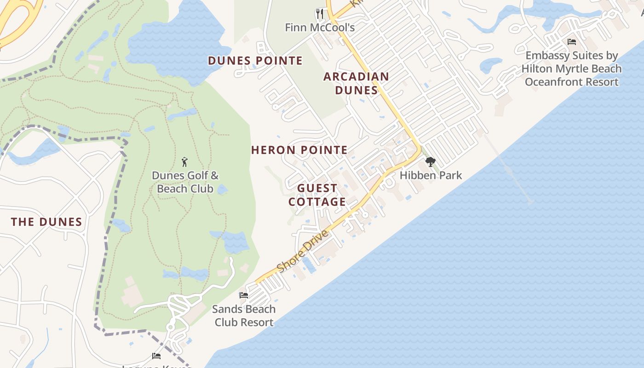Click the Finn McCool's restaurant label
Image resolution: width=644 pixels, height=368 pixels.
pos(320,28)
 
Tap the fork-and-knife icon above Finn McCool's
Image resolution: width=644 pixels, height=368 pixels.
pos(320,14)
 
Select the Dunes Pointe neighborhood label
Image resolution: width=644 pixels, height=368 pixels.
pos(255,61)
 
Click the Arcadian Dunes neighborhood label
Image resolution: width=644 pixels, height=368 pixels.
pos(356,83)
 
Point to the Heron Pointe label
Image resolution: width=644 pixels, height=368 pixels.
pos(299,150)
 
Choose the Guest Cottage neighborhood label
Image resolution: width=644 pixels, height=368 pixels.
pos(317,195)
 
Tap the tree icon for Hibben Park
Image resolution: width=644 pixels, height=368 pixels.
pos(431,162)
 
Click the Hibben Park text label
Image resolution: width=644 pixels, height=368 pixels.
pos(431,175)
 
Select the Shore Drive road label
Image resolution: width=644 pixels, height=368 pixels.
pos(304,251)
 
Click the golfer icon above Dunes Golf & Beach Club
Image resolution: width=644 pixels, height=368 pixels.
pos(185,162)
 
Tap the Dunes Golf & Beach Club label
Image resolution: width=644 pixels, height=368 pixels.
pos(185,182)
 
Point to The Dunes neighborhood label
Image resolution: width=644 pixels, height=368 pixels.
pos(46,222)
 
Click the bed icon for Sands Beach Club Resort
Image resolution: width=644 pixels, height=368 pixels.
pos(244,295)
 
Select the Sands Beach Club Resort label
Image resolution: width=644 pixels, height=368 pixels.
pos(244,316)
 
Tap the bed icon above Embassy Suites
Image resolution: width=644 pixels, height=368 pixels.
pos(572,42)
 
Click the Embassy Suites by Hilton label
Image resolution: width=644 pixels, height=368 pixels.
pos(572,69)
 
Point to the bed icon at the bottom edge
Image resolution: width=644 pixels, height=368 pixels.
pos(156,356)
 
